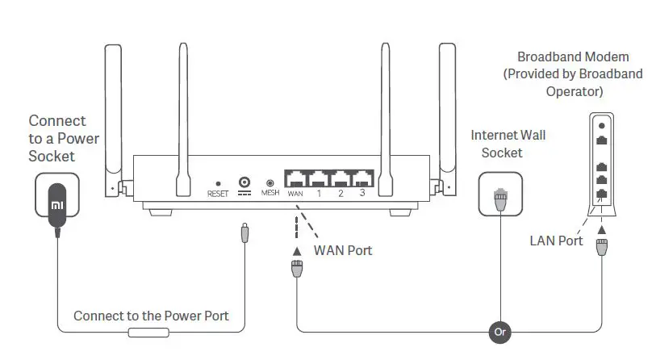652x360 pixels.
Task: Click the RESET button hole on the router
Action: (x=218, y=182)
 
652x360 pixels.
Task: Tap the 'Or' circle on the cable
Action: (x=500, y=330)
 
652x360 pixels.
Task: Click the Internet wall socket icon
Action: (x=500, y=194)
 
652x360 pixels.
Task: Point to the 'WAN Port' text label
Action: (x=343, y=251)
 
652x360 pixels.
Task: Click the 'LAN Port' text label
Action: (x=556, y=241)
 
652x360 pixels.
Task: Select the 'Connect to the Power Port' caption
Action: (x=151, y=316)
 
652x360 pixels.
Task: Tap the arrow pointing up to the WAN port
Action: (x=297, y=249)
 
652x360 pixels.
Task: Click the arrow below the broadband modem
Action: (x=600, y=231)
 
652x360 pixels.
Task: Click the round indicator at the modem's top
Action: (x=600, y=126)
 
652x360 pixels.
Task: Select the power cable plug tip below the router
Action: (x=244, y=234)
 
